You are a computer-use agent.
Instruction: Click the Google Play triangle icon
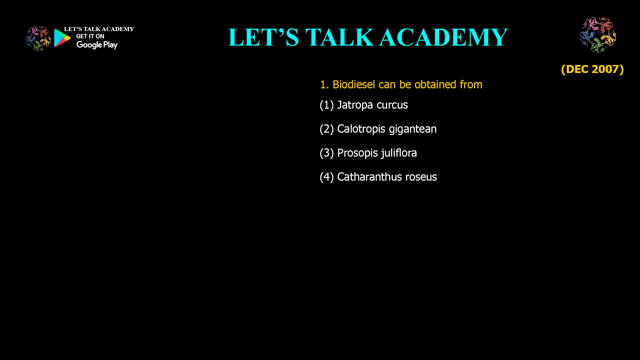(x=62, y=38)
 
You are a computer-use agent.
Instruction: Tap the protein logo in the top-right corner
(x=598, y=35)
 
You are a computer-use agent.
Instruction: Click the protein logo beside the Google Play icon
(x=38, y=39)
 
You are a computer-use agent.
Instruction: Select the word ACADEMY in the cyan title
(x=443, y=37)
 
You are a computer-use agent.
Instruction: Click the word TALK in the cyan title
(x=340, y=37)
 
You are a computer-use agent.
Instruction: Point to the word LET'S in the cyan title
(x=264, y=37)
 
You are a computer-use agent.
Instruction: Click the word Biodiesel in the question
(x=354, y=84)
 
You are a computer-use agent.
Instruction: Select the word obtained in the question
(x=435, y=84)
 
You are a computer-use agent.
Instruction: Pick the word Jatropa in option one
(x=355, y=105)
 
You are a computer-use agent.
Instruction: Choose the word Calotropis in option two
(x=361, y=129)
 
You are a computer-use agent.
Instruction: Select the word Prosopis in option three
(x=358, y=153)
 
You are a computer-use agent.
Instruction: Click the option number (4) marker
(x=327, y=177)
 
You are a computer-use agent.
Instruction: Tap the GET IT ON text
(x=90, y=36)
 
